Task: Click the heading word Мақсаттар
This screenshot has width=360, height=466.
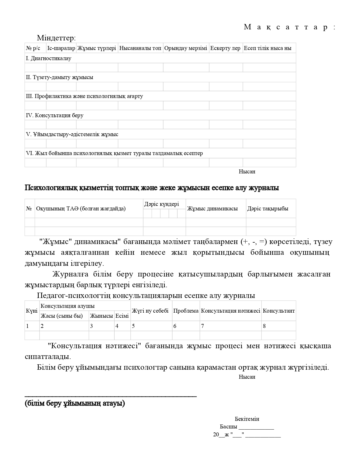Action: [290, 27]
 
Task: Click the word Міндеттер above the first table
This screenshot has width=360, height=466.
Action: [56, 38]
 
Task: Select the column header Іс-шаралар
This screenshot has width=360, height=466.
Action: [61, 48]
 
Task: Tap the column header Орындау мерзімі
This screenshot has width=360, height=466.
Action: [186, 48]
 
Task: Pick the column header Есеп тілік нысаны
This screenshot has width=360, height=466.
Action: [267, 48]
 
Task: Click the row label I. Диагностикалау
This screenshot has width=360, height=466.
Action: [49, 58]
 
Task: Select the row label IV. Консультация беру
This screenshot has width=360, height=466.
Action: [54, 115]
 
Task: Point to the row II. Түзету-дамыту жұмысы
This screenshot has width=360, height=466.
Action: [59, 77]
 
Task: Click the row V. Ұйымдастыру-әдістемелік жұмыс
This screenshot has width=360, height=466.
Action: [72, 134]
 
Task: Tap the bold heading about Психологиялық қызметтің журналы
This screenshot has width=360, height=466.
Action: [152, 188]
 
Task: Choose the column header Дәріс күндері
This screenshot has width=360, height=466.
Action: [162, 204]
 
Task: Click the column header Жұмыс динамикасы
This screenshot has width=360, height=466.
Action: [212, 208]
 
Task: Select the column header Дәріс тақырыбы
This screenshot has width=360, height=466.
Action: [268, 208]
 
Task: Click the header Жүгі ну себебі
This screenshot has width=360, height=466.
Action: [150, 311]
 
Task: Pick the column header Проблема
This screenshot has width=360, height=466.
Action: [186, 311]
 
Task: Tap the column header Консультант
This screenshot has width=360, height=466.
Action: [279, 311]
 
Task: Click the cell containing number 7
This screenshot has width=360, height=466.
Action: [202, 326]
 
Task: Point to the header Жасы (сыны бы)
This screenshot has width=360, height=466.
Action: [62, 316]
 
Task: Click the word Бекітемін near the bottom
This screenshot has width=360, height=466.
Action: [247, 419]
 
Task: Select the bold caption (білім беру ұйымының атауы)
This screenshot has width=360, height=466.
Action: [75, 403]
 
